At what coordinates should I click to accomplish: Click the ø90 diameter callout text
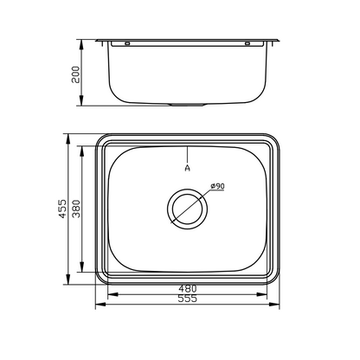pyautogui.click(x=217, y=187)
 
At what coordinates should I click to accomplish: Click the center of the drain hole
pyautogui.click(x=187, y=208)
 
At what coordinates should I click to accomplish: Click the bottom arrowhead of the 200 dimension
pyautogui.click(x=82, y=103)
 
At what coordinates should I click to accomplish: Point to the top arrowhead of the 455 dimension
pyautogui.click(x=68, y=137)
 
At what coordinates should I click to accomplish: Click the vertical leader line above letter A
pyautogui.click(x=187, y=151)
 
